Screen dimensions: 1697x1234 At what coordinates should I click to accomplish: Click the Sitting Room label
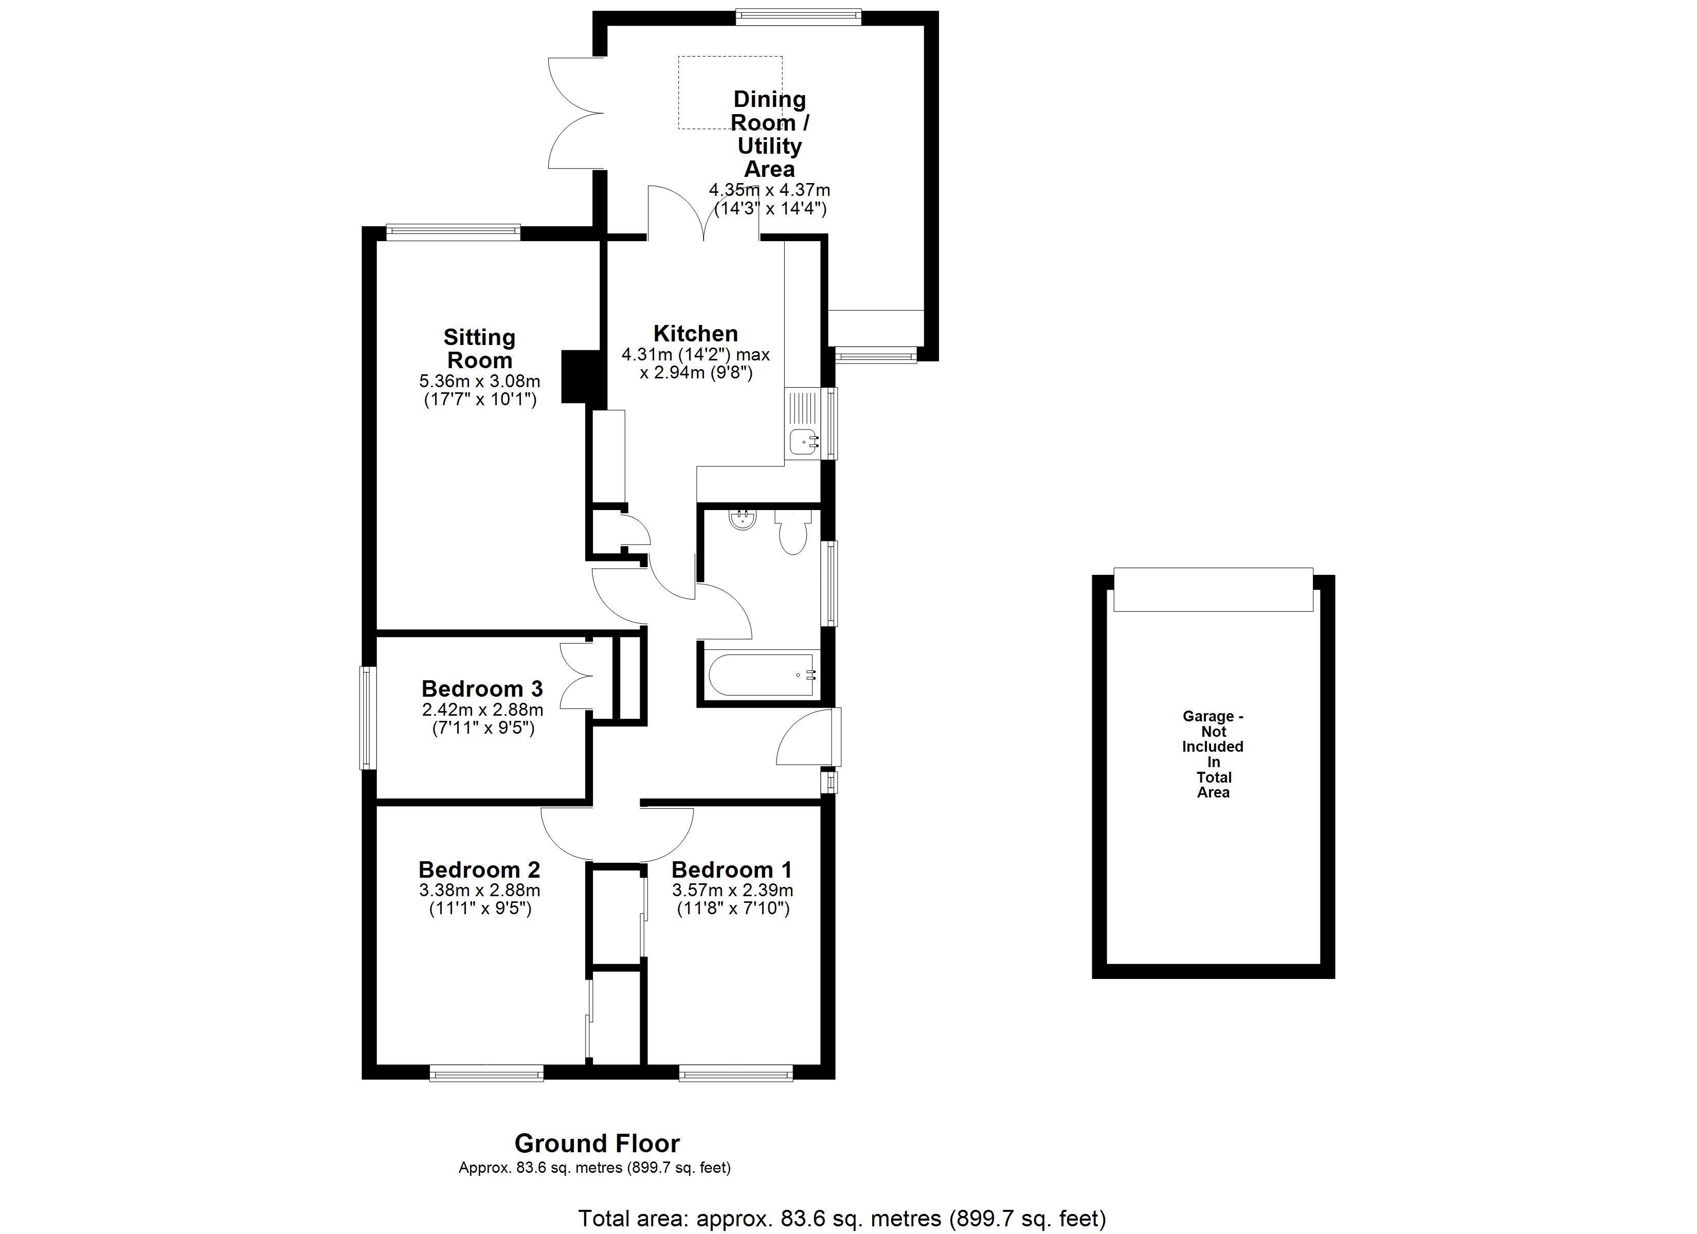480,349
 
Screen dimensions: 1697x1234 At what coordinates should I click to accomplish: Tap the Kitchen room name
696,333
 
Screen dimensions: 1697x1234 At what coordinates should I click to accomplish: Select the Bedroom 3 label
482,688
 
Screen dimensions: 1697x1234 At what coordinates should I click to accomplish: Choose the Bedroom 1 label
732,869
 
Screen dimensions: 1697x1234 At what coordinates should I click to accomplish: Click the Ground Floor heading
597,1144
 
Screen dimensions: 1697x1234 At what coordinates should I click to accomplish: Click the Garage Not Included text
1213,754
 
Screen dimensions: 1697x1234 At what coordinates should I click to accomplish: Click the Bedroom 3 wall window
367,718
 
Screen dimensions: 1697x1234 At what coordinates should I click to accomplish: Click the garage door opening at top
1213,590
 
